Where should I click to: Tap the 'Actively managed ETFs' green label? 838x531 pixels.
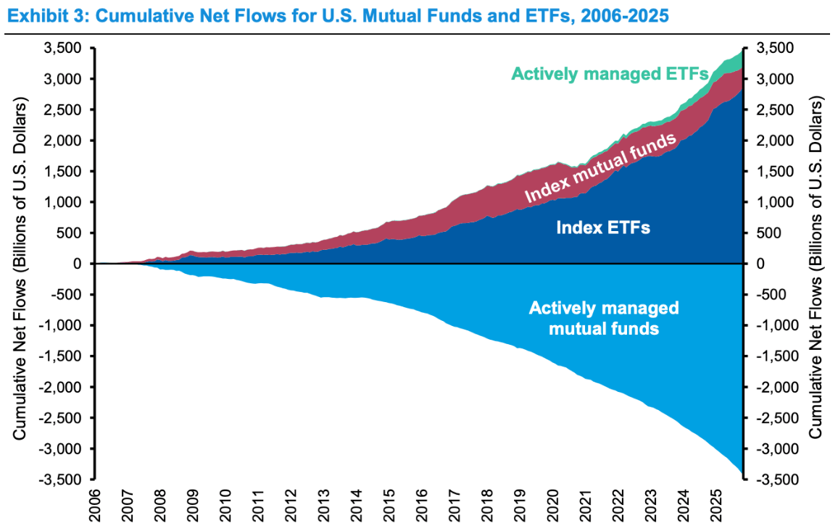(x=609, y=74)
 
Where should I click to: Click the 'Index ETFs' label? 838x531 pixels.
(x=602, y=227)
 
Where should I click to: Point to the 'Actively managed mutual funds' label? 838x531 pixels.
(x=604, y=318)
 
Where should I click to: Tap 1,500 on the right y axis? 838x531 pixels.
(x=773, y=172)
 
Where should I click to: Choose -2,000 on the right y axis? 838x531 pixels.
(x=775, y=388)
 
